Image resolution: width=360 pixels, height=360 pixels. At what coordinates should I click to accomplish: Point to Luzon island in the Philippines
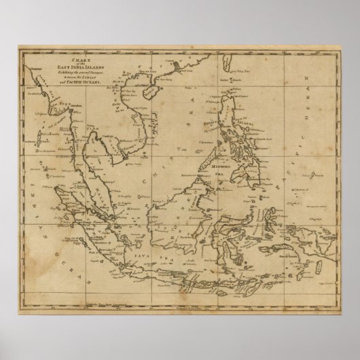pyautogui.click(x=231, y=109)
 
